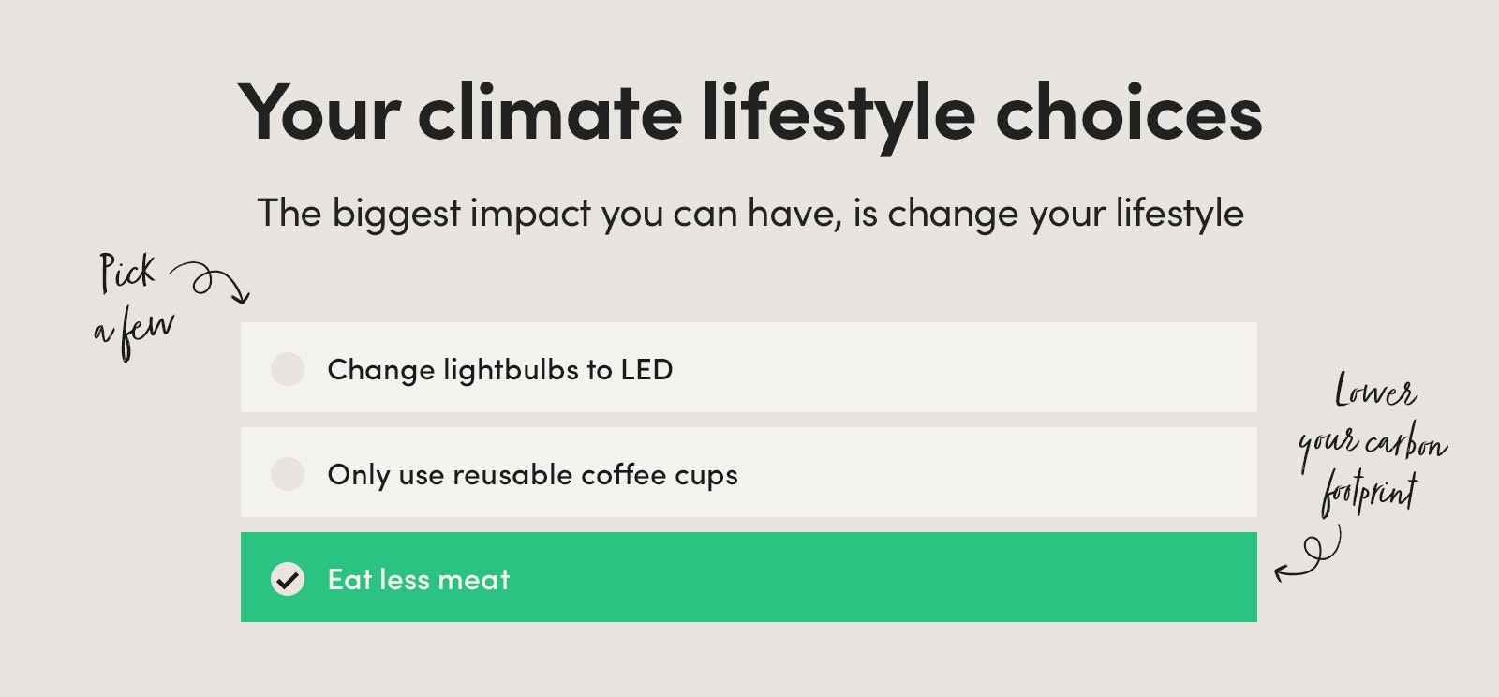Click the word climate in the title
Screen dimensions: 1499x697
[x=549, y=111]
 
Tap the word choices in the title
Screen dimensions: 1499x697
[x=1128, y=111]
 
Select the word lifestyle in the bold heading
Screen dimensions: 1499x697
[x=838, y=117]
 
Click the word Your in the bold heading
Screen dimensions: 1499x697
[x=319, y=111]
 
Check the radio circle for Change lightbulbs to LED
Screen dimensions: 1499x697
[x=288, y=369]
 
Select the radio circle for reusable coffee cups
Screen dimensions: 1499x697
[x=288, y=474]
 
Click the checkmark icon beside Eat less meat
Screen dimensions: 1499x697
[x=288, y=579]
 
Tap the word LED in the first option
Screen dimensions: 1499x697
[x=646, y=370]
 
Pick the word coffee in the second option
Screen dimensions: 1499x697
[x=623, y=474]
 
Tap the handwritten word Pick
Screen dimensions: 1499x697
[x=127, y=273]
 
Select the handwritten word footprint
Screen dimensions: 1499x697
[x=1369, y=496]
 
